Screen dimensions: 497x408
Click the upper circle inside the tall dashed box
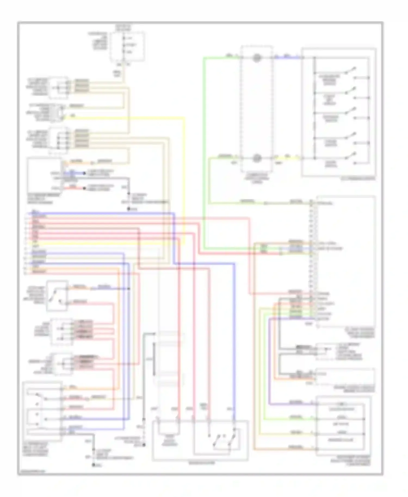click(256, 58)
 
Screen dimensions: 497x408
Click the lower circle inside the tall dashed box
click(256, 158)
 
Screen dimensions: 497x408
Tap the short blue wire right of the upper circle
click(287, 58)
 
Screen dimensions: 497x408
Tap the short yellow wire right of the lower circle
click(287, 158)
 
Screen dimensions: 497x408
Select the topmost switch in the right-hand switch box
click(350, 71)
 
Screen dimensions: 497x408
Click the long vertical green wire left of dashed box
click(204, 152)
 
